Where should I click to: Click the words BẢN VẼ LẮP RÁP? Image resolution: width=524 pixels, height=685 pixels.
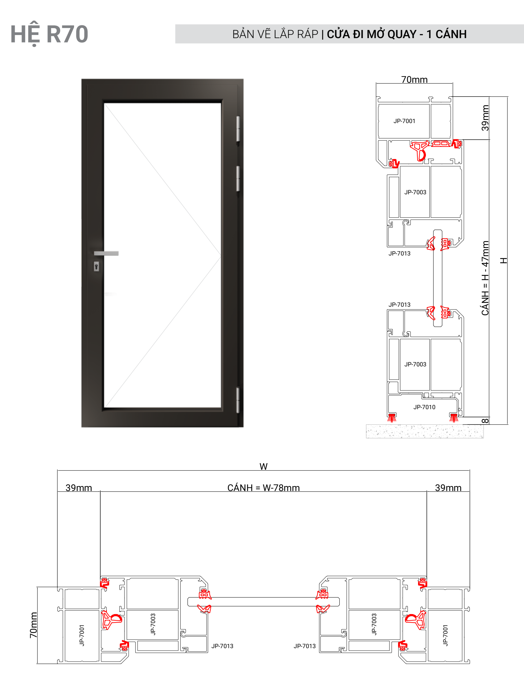pyautogui.click(x=275, y=34)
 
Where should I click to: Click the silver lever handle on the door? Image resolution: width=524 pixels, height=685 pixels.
pyautogui.click(x=106, y=253)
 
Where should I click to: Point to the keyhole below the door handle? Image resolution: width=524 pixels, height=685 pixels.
pyautogui.click(x=96, y=266)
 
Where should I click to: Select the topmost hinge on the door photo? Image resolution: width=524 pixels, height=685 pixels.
pyautogui.click(x=238, y=129)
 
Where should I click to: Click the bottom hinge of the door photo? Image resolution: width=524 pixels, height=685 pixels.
pyautogui.click(x=238, y=400)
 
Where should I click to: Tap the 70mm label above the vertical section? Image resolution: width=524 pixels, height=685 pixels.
pyautogui.click(x=414, y=80)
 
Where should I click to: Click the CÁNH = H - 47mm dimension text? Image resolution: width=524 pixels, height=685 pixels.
pyautogui.click(x=485, y=278)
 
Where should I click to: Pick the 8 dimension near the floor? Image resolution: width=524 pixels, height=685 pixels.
pyautogui.click(x=485, y=421)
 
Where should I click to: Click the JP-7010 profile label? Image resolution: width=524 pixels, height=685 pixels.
pyautogui.click(x=424, y=407)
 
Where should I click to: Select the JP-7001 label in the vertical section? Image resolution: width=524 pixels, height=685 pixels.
pyautogui.click(x=404, y=121)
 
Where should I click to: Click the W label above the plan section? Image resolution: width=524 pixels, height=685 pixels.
pyautogui.click(x=263, y=466)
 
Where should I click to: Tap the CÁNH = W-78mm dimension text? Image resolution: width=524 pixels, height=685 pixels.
pyautogui.click(x=263, y=488)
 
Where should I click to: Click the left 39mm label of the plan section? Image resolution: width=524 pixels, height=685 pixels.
pyautogui.click(x=79, y=488)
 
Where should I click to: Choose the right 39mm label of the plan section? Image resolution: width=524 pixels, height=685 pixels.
pyautogui.click(x=448, y=488)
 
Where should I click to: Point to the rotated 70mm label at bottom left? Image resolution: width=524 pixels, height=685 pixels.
pyautogui.click(x=33, y=625)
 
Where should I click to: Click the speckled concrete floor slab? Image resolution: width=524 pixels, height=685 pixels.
pyautogui.click(x=425, y=431)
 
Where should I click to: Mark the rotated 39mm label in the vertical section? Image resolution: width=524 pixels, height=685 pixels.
pyautogui.click(x=485, y=118)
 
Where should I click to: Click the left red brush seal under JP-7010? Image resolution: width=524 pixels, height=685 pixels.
pyautogui.click(x=392, y=418)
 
